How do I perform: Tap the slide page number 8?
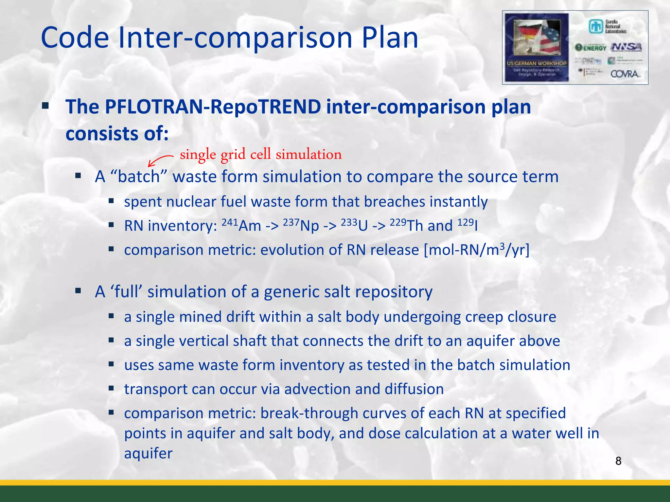[618, 461]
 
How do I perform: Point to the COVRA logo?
[625, 74]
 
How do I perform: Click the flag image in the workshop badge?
[537, 38]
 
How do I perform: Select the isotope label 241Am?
[241, 225]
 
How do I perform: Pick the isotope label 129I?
[467, 225]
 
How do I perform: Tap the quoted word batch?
[139, 177]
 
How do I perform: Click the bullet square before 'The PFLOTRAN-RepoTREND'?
[45, 106]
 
